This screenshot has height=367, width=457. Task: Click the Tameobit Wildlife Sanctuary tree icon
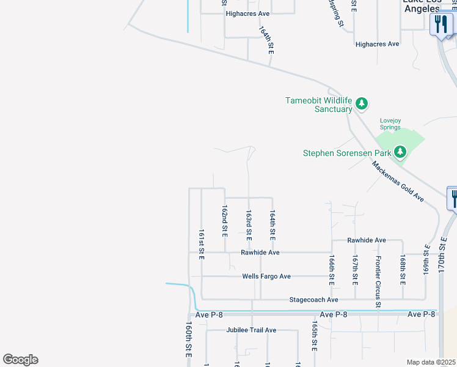[x=362, y=103]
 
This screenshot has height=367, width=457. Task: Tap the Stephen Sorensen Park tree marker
[x=400, y=151]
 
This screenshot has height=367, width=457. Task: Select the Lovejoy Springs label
[x=390, y=124]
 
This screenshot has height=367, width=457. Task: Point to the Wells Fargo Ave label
[x=266, y=276]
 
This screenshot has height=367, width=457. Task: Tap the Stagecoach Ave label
[x=313, y=300]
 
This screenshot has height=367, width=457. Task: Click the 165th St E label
[x=315, y=336]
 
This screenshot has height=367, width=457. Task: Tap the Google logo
[x=20, y=360]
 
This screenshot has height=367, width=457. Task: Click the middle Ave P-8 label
[x=333, y=314]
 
